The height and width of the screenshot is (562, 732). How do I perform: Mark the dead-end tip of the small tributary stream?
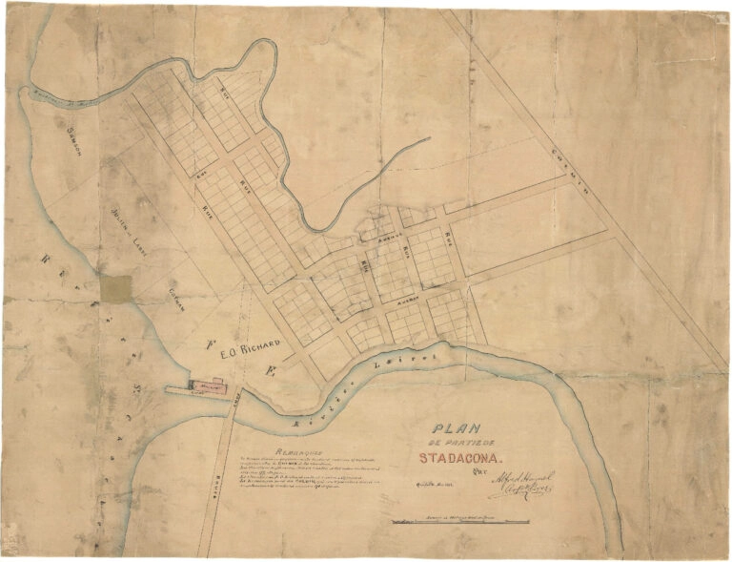coord(428,140)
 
